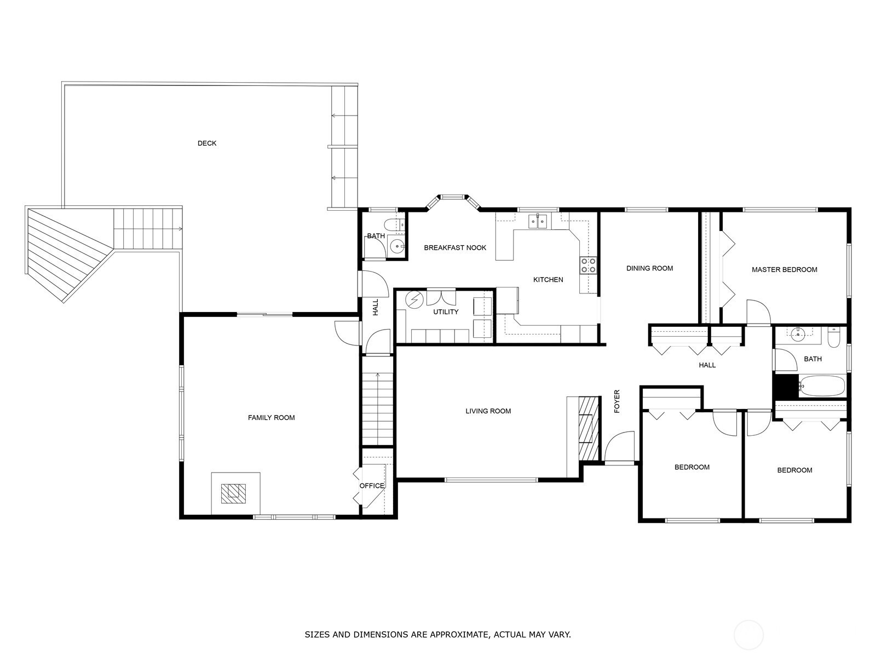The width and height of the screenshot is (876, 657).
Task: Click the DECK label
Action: [207, 143]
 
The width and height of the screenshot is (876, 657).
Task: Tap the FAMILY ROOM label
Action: [272, 418]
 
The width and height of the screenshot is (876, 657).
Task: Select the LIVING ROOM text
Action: [488, 411]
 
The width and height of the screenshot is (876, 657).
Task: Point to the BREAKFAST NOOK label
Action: [455, 247]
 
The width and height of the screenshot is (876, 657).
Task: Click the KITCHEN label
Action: [548, 280]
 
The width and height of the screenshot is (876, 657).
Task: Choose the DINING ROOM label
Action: [649, 268]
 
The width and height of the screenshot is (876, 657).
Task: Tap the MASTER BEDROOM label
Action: [784, 270]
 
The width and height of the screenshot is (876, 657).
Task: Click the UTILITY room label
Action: [446, 312]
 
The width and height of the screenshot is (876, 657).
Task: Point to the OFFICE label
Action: [372, 486]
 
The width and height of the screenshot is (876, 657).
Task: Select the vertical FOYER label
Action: [617, 401]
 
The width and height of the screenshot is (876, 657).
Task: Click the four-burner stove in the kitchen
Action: [588, 266]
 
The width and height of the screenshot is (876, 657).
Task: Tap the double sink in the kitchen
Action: [538, 221]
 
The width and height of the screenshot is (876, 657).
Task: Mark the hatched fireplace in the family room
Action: [233, 493]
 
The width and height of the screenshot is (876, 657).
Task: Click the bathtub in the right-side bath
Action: [822, 385]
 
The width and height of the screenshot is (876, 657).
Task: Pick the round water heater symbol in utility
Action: [413, 300]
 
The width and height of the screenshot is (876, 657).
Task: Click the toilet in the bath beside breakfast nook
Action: [394, 225]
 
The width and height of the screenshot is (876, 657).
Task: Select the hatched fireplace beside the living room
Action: [589, 429]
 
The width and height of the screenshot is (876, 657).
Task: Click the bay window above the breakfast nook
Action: [453, 202]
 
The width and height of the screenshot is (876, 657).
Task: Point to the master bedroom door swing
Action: [758, 312]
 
